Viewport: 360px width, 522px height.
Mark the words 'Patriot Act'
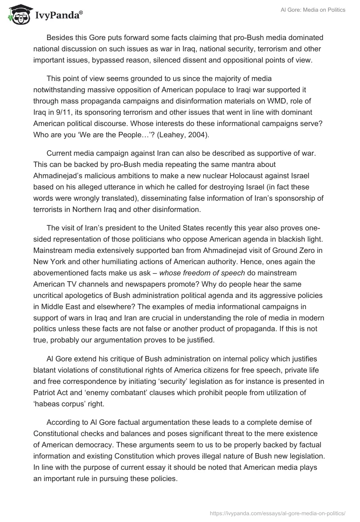tap(51, 382)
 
